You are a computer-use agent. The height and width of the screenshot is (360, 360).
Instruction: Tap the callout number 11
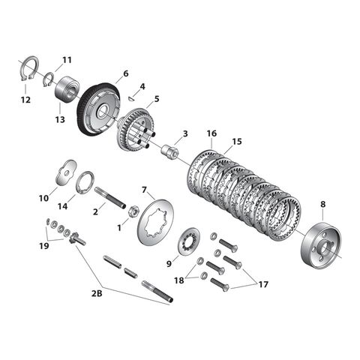tap(67, 60)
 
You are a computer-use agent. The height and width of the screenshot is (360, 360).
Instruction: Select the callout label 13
tap(59, 118)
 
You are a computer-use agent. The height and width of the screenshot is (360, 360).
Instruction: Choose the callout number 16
tap(212, 133)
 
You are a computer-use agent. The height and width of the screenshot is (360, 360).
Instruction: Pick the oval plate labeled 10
tap(66, 169)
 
